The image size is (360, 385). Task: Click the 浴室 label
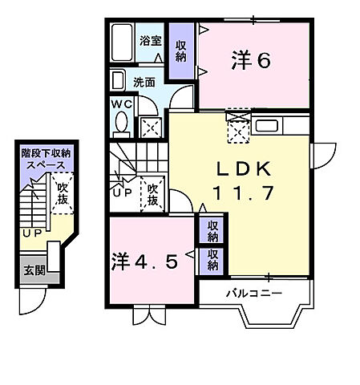(151, 41)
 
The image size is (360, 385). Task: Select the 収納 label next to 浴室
(180, 51)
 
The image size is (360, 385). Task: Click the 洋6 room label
(251, 60)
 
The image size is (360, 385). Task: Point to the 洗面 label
(144, 81)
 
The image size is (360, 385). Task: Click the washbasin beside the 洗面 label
(119, 80)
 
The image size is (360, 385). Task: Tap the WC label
(123, 104)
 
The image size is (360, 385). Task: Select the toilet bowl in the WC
(123, 124)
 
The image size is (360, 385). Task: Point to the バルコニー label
(253, 294)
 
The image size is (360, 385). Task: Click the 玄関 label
(34, 272)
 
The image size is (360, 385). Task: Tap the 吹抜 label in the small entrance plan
(62, 192)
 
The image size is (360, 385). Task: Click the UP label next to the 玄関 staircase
(31, 233)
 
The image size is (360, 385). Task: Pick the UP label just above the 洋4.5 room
(123, 193)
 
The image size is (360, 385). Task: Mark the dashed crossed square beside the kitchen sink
(238, 128)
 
